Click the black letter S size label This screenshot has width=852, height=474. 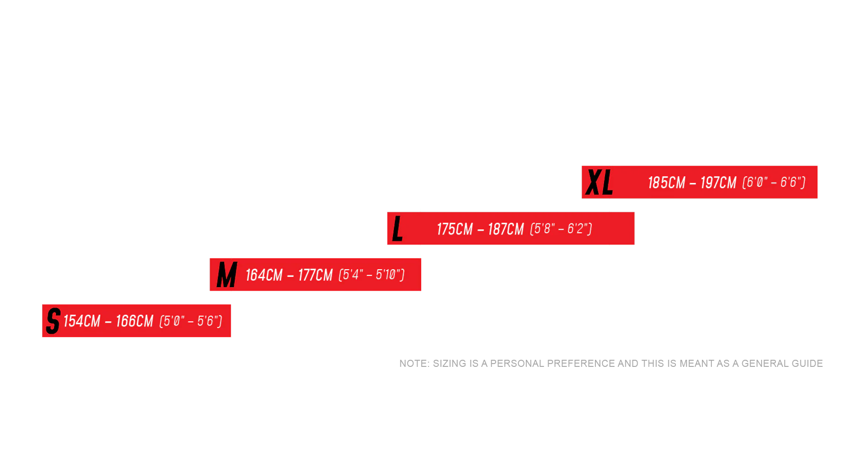click(53, 321)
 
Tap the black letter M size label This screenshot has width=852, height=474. click(227, 275)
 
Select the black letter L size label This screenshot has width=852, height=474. click(398, 228)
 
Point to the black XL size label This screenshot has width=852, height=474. click(599, 182)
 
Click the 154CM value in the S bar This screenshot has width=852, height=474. click(82, 321)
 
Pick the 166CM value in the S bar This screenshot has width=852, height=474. click(134, 321)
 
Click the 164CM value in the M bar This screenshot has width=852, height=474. click(264, 275)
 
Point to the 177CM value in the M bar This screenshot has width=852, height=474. click(315, 275)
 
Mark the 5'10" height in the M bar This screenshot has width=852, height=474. click(389, 274)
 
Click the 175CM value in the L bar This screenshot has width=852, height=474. click(455, 229)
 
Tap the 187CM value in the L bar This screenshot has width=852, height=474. click(506, 229)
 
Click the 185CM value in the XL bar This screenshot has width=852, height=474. click(666, 183)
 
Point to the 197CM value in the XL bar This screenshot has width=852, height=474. click(719, 183)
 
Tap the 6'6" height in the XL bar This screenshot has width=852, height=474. click(791, 182)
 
